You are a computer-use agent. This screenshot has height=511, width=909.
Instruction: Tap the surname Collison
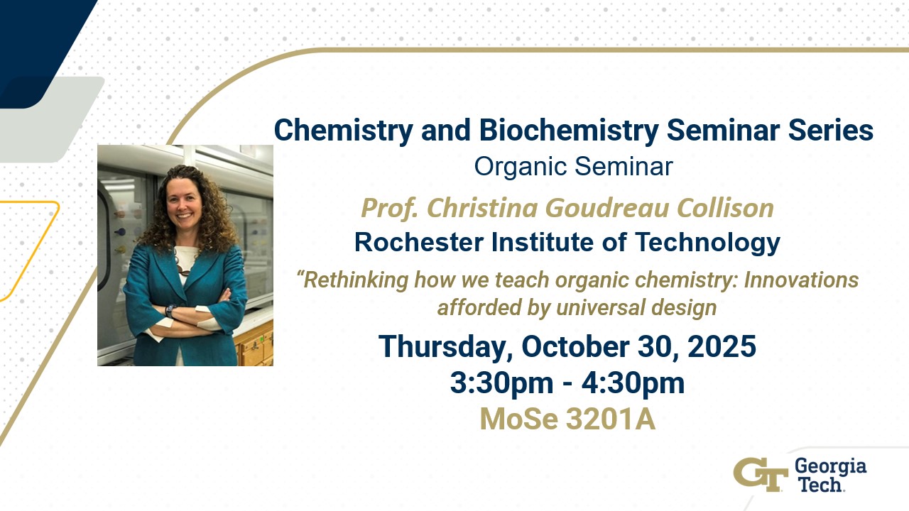coord(725,208)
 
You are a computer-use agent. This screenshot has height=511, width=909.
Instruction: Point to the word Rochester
coord(419,242)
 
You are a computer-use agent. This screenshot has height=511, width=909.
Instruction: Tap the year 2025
coord(722,346)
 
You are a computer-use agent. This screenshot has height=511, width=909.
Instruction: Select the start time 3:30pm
coord(501,383)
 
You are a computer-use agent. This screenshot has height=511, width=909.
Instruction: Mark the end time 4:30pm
coord(633,383)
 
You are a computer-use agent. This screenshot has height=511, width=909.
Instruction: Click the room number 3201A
coord(611,419)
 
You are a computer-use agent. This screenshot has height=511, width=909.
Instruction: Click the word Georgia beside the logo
coord(830,468)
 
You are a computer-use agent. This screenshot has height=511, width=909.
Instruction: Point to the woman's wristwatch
coord(170,311)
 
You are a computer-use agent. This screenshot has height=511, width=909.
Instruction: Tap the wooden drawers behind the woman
coord(254,347)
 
